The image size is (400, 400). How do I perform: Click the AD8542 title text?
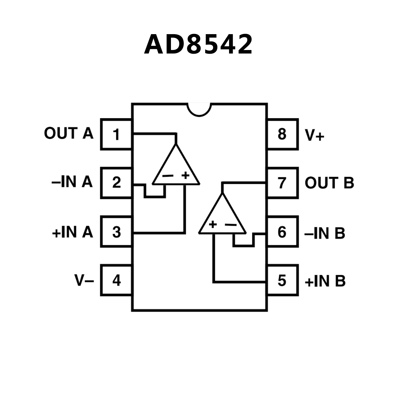[198, 44]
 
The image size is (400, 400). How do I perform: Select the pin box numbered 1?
[116, 134]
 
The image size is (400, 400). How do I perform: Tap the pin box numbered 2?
[116, 183]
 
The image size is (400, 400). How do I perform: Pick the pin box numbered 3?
[116, 232]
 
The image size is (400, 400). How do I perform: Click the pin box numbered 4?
[116, 280]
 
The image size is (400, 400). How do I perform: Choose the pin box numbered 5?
[282, 280]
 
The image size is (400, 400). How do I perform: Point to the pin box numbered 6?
[282, 232]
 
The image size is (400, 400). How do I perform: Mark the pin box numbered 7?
[282, 183]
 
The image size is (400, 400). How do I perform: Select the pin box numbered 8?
[282, 134]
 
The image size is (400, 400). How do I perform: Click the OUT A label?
[69, 133]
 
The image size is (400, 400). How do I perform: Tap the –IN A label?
[72, 182]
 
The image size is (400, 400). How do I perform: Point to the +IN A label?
[72, 232]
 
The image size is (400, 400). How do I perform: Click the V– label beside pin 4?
[84, 280]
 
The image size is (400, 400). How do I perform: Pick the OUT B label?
[329, 183]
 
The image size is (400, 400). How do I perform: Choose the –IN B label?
[325, 233]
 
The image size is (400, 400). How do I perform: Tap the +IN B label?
[325, 281]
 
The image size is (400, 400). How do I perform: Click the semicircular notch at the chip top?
[199, 109]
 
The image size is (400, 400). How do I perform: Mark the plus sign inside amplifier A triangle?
[186, 175]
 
